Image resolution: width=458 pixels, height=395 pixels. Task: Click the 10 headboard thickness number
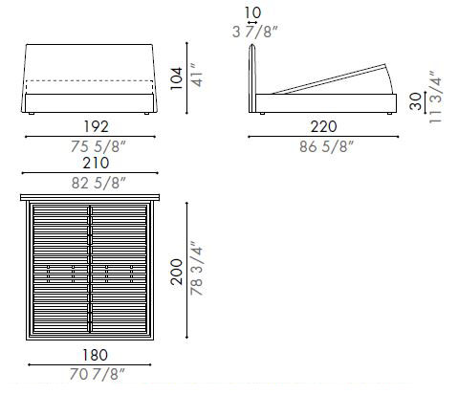tap(252, 12)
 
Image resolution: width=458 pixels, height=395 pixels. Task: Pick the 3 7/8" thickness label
tap(252, 33)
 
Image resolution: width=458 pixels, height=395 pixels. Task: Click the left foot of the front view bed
tap(33, 114)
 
